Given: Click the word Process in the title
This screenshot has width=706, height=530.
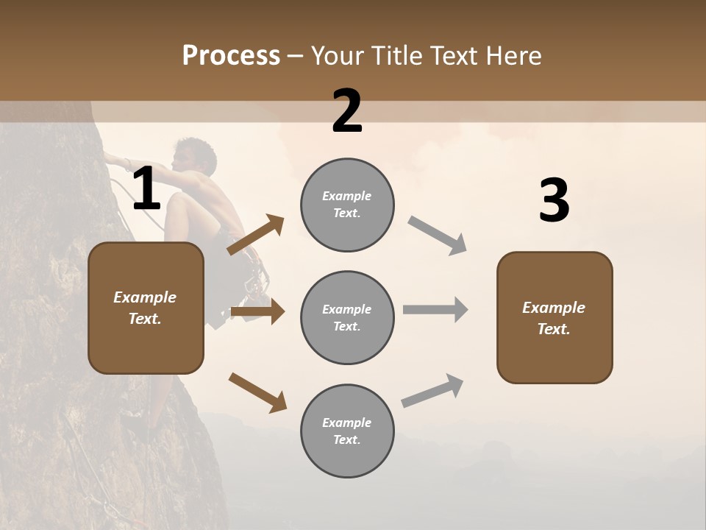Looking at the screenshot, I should [231, 55].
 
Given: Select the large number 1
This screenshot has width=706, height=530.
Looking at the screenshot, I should [146, 189].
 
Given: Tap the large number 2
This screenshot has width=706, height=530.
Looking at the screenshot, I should [347, 111].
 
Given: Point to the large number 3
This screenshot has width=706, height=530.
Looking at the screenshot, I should [554, 201].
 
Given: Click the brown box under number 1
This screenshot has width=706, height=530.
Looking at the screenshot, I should [146, 308].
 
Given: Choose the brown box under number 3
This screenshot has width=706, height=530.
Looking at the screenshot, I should [555, 318].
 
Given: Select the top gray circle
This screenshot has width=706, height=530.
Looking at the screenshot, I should [347, 205].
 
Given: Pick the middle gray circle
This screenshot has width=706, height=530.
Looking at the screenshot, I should [347, 318].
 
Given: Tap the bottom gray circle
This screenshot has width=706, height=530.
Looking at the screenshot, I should [347, 431].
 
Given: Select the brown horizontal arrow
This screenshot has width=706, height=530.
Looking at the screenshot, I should [257, 312].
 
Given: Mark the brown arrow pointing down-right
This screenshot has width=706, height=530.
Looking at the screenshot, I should [257, 392].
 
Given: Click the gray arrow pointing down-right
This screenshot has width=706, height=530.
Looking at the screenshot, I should [438, 236].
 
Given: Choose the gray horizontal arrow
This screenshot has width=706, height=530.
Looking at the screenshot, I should [435, 310].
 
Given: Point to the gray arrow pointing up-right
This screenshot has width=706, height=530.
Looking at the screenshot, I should [433, 390].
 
